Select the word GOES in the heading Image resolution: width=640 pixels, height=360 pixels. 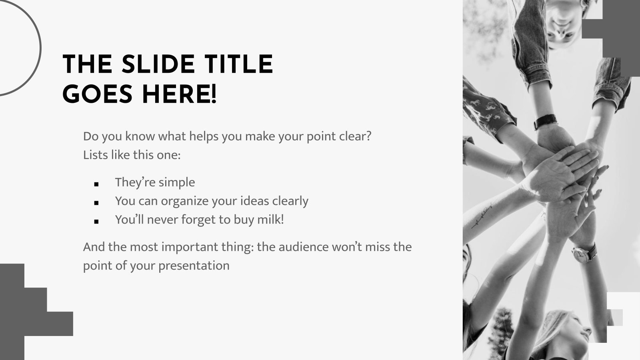97,94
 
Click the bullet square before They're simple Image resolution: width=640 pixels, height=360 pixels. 96,184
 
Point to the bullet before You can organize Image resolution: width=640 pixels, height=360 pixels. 96,203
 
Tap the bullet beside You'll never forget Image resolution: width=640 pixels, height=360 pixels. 96,222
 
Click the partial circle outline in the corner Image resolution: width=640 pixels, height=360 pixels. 24,48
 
